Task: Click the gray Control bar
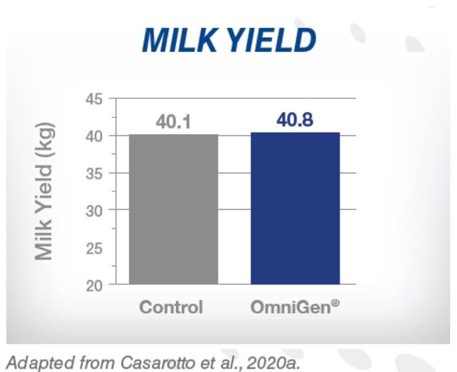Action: [173, 209]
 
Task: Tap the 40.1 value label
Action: [173, 122]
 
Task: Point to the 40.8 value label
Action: [295, 119]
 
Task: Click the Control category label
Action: [171, 306]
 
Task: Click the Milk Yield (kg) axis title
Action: [44, 191]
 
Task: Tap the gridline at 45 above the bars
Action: [234, 98]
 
